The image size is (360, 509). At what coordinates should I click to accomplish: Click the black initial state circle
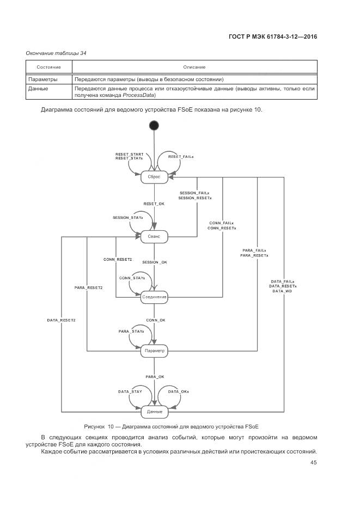(x=154, y=126)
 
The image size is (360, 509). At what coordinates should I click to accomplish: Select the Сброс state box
(x=154, y=177)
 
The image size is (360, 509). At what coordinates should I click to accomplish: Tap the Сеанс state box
(x=154, y=237)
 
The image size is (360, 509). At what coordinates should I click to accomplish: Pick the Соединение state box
(x=154, y=297)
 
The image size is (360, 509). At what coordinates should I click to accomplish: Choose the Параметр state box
(x=154, y=351)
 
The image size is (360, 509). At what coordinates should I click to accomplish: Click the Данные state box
(x=154, y=412)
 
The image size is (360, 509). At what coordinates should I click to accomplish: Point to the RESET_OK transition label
(x=154, y=204)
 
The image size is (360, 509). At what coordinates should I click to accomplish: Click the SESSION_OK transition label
(x=155, y=262)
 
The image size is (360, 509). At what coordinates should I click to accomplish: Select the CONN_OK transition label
(x=155, y=320)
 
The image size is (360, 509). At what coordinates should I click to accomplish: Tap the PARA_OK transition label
(x=155, y=377)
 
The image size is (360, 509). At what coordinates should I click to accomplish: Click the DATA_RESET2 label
(x=62, y=320)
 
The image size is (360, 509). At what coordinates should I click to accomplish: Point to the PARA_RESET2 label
(x=89, y=287)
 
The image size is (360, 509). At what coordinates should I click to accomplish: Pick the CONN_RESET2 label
(x=118, y=260)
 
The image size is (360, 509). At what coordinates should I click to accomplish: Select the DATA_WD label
(x=283, y=291)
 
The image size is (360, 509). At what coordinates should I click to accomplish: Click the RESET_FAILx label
(x=181, y=157)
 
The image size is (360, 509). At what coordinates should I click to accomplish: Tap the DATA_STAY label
(x=131, y=391)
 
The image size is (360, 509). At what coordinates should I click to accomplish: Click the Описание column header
(x=194, y=67)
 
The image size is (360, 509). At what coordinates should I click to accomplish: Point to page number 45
(x=313, y=463)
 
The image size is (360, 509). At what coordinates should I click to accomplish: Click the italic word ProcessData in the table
(x=138, y=95)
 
